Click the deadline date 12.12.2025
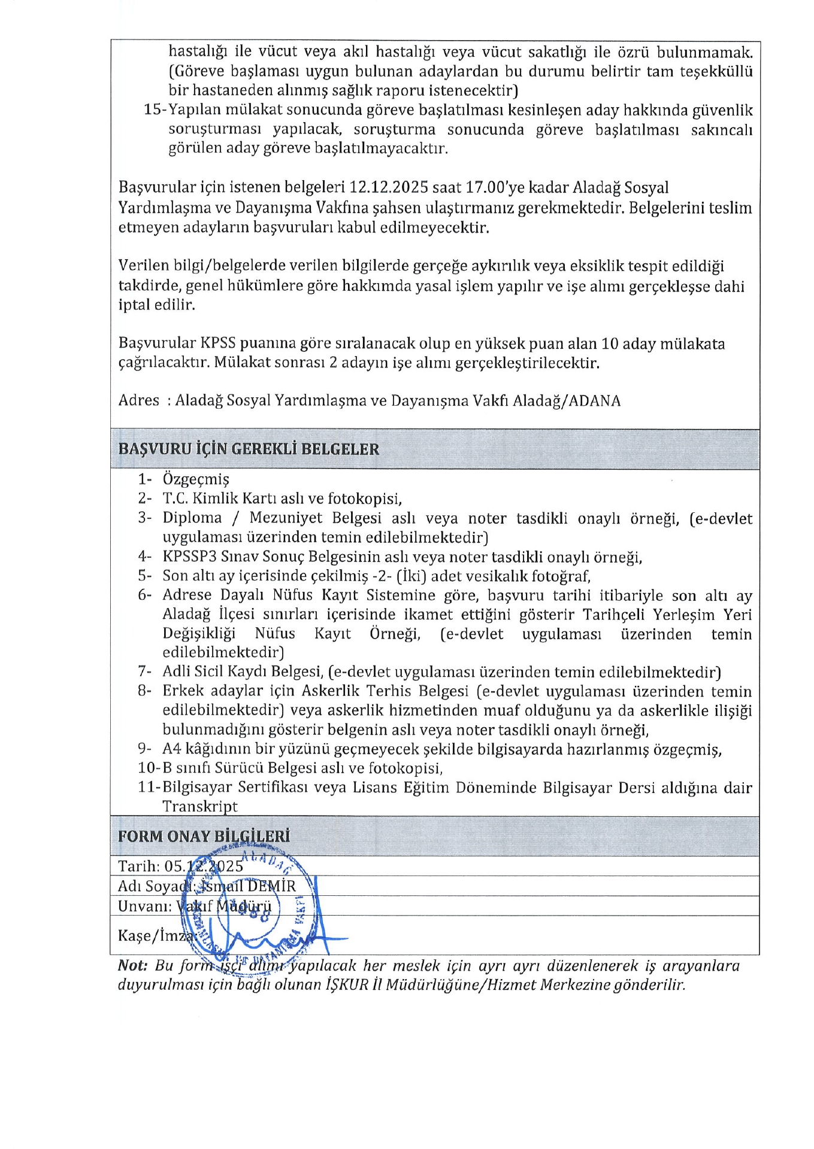pyautogui.click(x=389, y=188)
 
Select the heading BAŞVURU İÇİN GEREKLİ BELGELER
pyautogui.click(x=249, y=449)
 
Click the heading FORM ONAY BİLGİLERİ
pyautogui.click(x=204, y=836)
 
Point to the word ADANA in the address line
pyautogui.click(x=594, y=401)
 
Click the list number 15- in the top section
pyautogui.click(x=155, y=111)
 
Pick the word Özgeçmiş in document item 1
pyautogui.click(x=196, y=479)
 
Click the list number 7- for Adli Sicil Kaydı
pyautogui.click(x=145, y=672)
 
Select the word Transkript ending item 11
pyautogui.click(x=200, y=807)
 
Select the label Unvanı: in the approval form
pyautogui.click(x=144, y=906)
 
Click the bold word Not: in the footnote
pyautogui.click(x=132, y=966)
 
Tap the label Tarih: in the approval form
pyautogui.click(x=139, y=867)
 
